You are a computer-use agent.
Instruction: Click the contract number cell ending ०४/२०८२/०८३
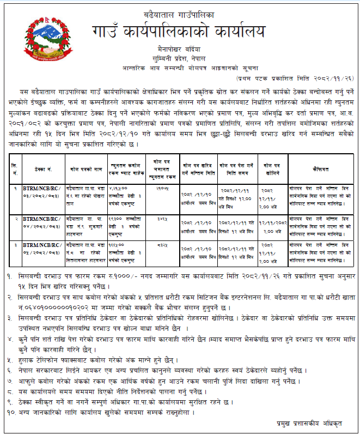point(40,221)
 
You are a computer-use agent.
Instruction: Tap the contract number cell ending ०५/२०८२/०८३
point(40,249)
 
